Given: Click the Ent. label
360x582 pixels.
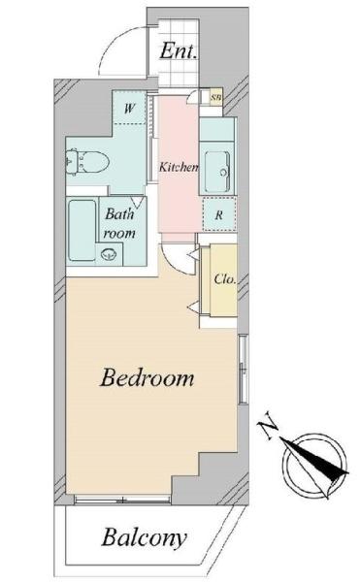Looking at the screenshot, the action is pos(178,50).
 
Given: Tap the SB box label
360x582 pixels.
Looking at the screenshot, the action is pos(216,98).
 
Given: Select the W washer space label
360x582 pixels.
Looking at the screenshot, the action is pos(129,109).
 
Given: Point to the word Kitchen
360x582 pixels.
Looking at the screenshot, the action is pos(179,167).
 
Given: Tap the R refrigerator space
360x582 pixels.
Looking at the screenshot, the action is pos(219,214).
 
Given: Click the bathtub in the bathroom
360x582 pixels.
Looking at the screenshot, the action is pos(82,230).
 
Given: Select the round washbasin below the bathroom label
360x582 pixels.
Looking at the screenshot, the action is pos(109,254).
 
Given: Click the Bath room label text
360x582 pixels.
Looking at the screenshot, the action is pos(119,223).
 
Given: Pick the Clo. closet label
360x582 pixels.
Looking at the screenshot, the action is pos(225,278).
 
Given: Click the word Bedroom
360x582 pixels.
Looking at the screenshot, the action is pos(147,377).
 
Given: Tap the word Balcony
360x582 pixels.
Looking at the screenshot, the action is pos(144,537).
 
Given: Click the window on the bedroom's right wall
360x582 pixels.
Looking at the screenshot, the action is pos(244,369).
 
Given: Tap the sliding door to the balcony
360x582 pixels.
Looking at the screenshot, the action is pos(122,500).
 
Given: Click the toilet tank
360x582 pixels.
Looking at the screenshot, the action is pos(72,162).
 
